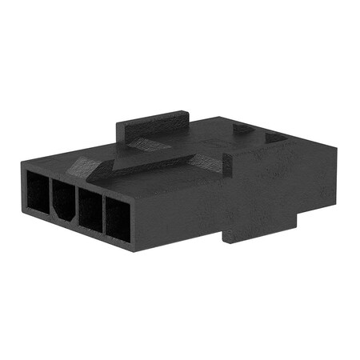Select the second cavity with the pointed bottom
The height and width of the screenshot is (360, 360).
tap(63, 201)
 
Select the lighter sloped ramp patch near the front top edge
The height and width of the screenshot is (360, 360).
tap(86, 167)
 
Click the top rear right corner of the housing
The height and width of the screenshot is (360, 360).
tap(332, 148)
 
